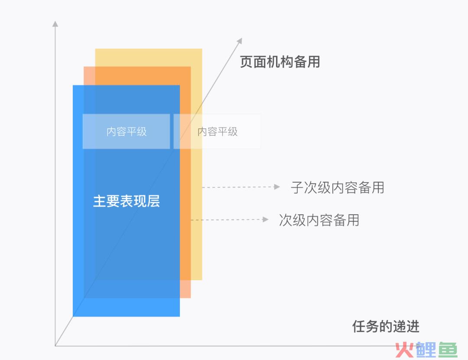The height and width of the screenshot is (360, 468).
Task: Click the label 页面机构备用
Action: (x=279, y=62)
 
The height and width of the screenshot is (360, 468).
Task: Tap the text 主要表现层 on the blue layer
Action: (x=126, y=201)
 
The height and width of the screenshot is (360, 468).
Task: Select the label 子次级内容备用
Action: (x=337, y=188)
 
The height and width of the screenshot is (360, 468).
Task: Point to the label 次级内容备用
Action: (x=319, y=220)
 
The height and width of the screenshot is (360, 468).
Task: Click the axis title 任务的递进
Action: (x=386, y=326)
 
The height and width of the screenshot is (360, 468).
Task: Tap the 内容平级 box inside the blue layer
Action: (x=126, y=131)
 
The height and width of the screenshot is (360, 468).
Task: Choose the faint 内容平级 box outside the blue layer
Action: (x=217, y=131)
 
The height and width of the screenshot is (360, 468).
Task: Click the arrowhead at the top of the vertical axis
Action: (x=55, y=23)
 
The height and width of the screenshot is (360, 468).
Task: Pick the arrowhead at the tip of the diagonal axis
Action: (x=239, y=41)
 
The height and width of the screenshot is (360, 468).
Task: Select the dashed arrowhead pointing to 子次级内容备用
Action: (x=277, y=187)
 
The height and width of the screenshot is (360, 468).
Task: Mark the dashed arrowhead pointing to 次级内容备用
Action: (x=265, y=219)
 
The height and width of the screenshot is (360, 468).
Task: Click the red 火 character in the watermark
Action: (x=405, y=350)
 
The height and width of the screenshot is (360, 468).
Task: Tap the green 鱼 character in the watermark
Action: (x=447, y=350)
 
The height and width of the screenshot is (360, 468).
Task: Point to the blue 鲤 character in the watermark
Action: (x=426, y=350)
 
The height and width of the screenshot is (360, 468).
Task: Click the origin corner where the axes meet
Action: (x=55, y=346)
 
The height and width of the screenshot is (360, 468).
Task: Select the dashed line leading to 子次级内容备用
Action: (x=238, y=187)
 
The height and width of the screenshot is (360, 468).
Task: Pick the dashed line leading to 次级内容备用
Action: (x=227, y=220)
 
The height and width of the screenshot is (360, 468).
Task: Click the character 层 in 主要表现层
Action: (x=153, y=201)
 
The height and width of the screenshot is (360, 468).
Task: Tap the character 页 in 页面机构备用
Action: (x=246, y=62)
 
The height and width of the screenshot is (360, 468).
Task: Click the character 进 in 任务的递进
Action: (x=413, y=326)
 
